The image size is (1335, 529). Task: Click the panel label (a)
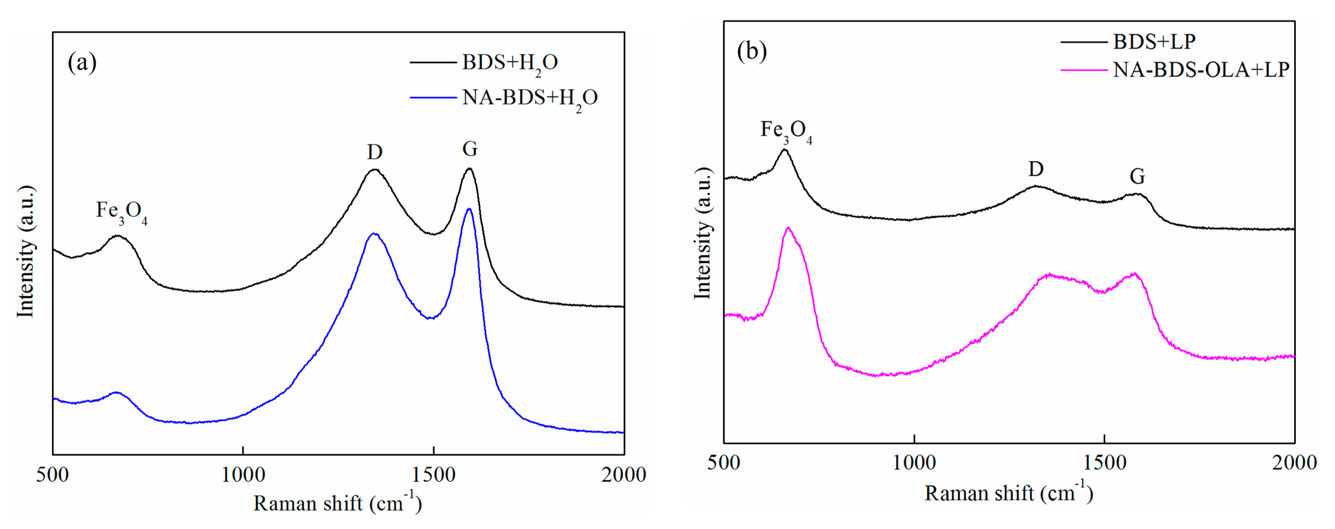coord(82,63)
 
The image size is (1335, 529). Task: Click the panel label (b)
coord(752,51)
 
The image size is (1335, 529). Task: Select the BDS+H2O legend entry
coord(510,63)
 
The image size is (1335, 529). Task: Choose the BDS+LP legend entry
coord(1154,41)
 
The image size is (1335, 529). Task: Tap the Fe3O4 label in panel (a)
coord(121,212)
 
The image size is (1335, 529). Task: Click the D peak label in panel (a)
coord(375,152)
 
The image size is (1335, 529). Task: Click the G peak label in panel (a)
coord(470,149)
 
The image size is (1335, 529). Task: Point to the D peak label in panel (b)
coord(1036,169)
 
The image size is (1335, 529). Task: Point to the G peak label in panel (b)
coord(1137,177)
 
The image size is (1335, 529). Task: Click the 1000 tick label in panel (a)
coord(243,475)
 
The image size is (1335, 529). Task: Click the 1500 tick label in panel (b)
coord(1105,463)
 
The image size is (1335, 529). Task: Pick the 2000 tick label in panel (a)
coord(624,475)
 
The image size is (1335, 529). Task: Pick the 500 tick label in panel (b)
coord(723,463)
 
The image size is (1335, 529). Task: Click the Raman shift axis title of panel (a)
coord(337,503)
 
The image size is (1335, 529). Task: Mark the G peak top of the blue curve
coord(469,209)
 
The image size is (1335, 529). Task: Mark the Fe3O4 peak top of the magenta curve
coord(788,227)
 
